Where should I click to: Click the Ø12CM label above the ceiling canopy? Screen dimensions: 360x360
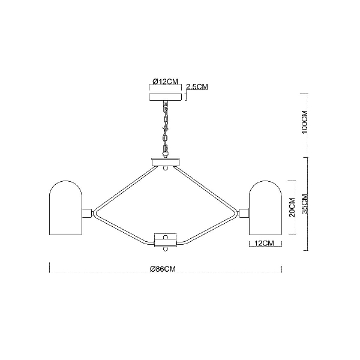pos(166,81)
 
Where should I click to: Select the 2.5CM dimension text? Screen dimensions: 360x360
pos(197,87)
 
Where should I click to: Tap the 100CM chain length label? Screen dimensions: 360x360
pos(304,122)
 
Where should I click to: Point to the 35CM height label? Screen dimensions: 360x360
pos(304,204)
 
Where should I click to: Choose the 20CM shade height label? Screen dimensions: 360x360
pos(292,208)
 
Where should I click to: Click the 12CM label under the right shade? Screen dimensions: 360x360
pos(265,243)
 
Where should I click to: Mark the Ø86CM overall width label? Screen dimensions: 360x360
pos(163,269)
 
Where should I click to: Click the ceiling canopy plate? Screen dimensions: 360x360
pos(166,97)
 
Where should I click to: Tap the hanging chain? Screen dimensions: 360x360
pos(166,129)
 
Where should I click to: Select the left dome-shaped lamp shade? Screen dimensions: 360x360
pos(65,208)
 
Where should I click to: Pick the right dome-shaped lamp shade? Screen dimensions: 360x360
pos(265,208)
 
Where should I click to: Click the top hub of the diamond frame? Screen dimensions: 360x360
pos(166,162)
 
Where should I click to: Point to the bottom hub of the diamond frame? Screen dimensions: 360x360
pos(166,240)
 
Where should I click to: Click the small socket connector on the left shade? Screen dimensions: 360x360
pos(87,213)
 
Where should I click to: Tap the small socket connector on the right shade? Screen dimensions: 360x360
pos(244,213)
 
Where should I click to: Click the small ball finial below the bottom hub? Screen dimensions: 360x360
pos(166,250)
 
